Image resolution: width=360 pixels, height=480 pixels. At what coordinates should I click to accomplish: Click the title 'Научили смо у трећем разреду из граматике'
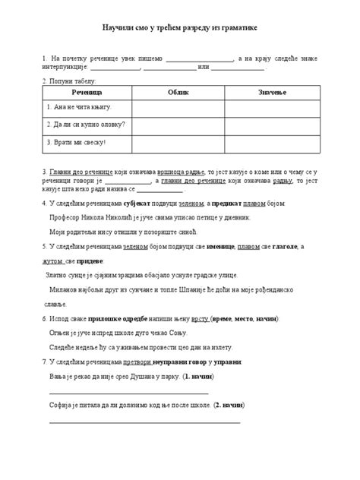pos(180,28)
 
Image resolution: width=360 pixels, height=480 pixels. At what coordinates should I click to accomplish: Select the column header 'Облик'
pos(178,91)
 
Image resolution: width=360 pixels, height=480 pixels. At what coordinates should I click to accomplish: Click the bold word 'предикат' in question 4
pos(232,204)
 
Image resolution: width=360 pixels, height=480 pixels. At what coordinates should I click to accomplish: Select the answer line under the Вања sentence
pos(129,392)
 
